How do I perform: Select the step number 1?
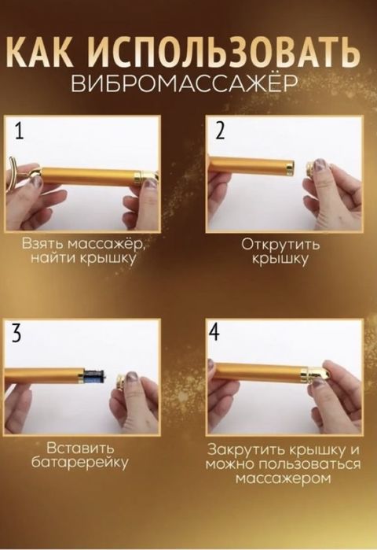pyautogui.click(x=18, y=131)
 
